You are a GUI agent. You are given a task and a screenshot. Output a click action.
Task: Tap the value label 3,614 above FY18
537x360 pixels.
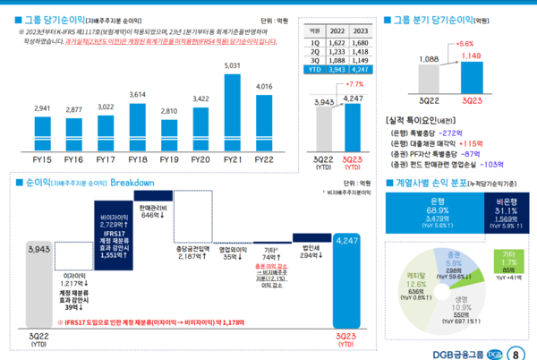137,94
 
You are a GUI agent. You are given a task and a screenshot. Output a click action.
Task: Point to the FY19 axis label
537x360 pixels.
168,159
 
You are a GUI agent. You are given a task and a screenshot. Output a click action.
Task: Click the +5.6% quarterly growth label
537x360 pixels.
465,42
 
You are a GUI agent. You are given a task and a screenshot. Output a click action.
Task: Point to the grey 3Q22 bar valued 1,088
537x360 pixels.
429,78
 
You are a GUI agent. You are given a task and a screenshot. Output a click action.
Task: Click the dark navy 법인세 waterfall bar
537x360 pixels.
311,237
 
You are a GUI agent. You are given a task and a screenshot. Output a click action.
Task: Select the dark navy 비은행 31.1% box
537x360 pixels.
507,213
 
